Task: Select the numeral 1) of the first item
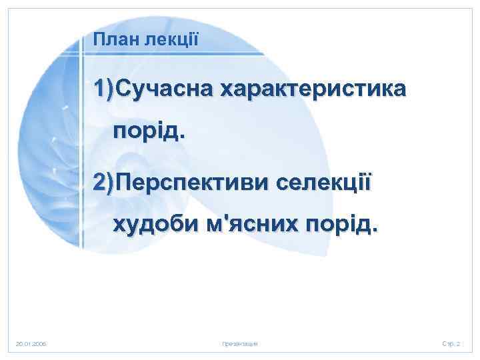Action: [x=104, y=89]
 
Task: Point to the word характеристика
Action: [x=311, y=89]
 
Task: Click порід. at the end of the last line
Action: [x=343, y=225]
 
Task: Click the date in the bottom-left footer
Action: [x=31, y=343]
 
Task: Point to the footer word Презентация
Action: [x=239, y=343]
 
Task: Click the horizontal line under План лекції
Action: [x=173, y=53]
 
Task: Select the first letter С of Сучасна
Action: [x=123, y=89]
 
